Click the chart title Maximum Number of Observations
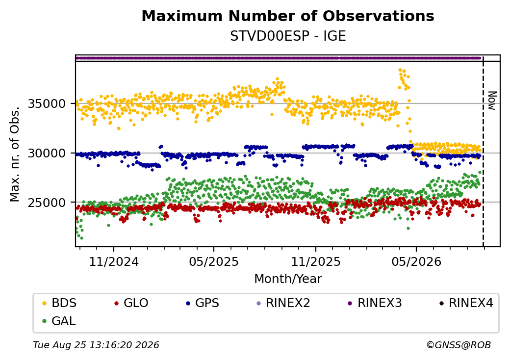click(288, 16)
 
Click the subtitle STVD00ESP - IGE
click(288, 36)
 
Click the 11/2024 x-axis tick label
click(114, 261)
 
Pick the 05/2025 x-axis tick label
click(214, 261)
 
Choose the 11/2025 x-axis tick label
click(315, 261)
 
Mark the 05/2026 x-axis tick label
click(416, 261)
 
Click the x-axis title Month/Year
click(288, 279)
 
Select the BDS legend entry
click(59, 303)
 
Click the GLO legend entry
click(131, 303)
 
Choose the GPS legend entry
click(203, 303)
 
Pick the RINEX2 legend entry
click(283, 303)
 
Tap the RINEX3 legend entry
click(375, 303)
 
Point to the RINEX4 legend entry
click(466, 303)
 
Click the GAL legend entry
click(59, 321)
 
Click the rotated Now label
click(492, 101)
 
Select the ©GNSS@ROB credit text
click(459, 345)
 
